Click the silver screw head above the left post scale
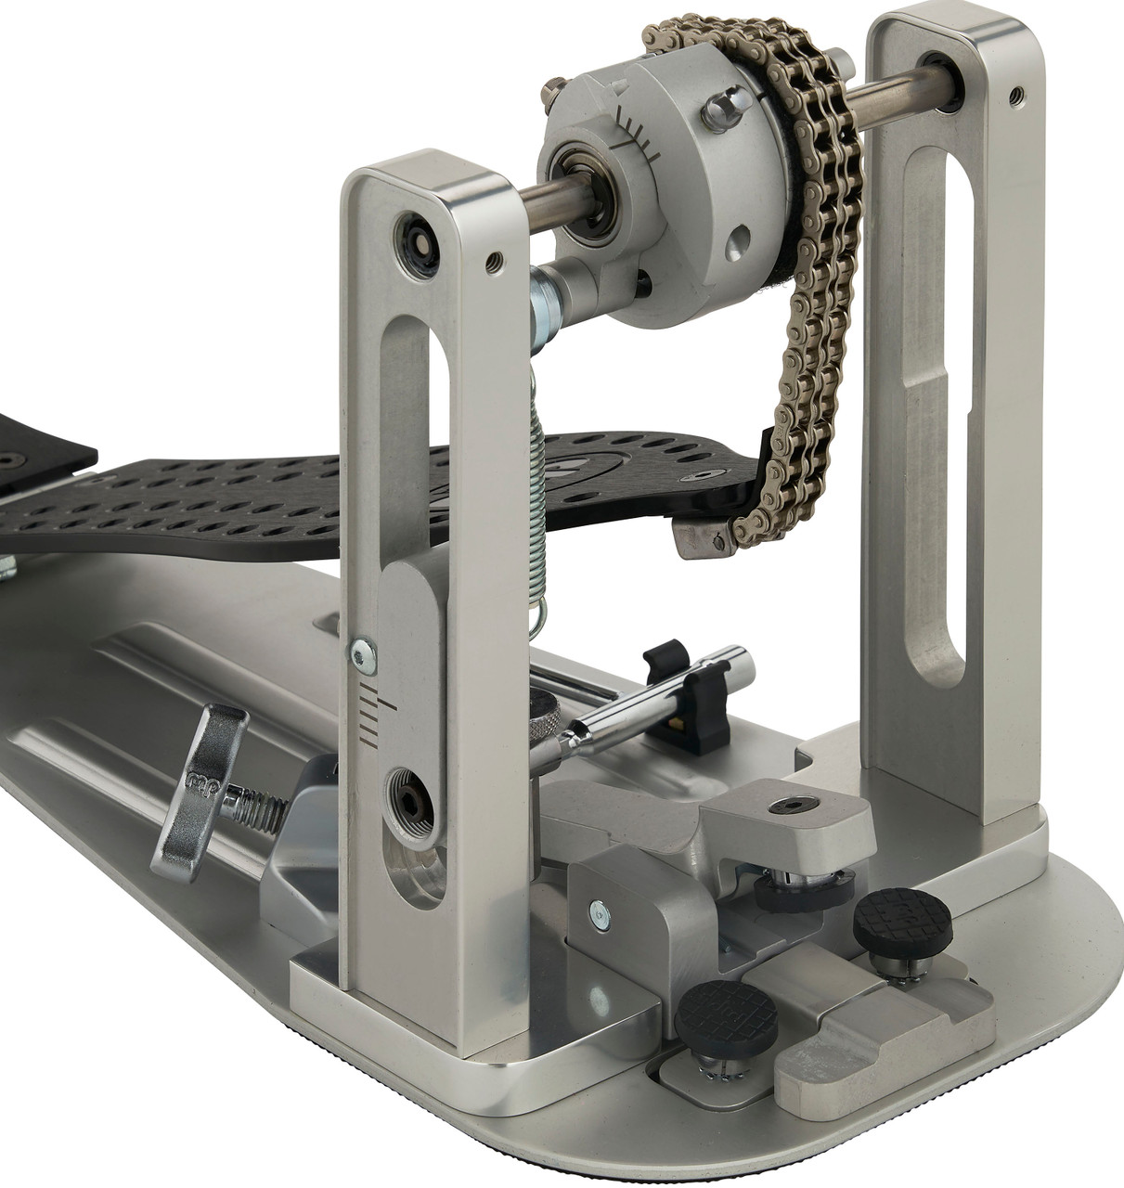(364, 655)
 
